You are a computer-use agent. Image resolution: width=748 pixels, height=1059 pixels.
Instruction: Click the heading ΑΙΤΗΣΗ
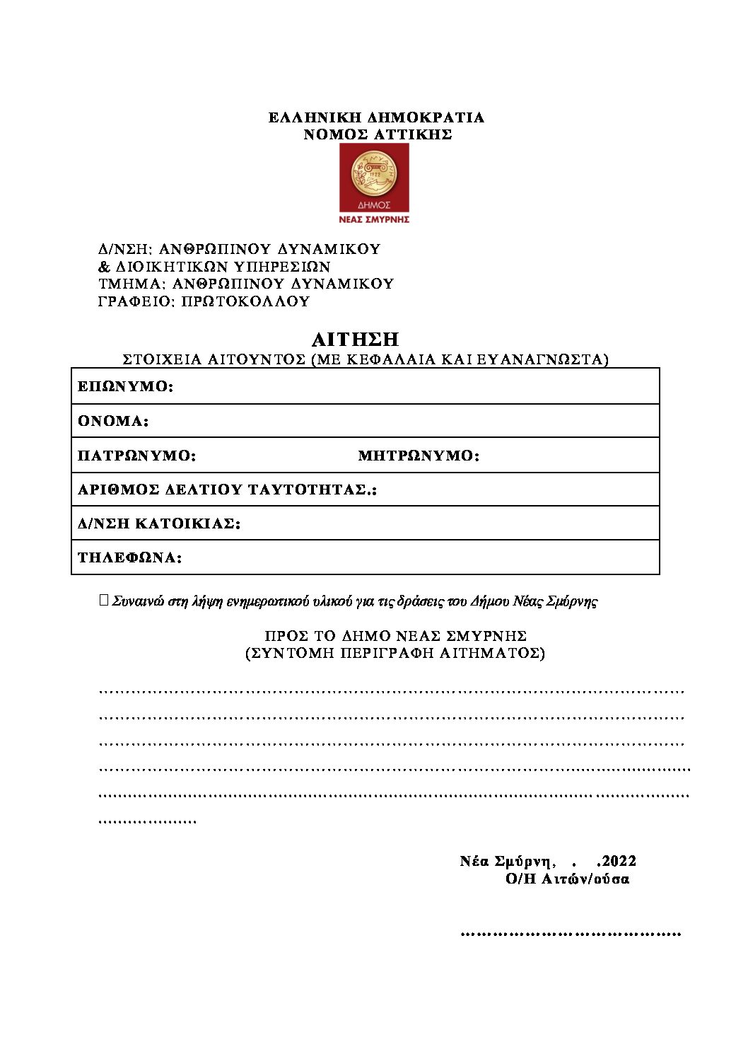[x=355, y=340]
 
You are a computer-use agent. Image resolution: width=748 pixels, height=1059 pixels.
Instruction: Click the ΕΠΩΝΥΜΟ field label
[x=125, y=387]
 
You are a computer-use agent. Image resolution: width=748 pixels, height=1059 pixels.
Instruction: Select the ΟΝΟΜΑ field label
[x=113, y=422]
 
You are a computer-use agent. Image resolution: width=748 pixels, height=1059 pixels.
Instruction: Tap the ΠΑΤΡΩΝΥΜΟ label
[x=136, y=456]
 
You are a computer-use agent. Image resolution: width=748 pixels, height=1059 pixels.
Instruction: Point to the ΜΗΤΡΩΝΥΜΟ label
[x=419, y=456]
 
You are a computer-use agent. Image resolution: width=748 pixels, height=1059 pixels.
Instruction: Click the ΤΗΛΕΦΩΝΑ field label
[x=129, y=558]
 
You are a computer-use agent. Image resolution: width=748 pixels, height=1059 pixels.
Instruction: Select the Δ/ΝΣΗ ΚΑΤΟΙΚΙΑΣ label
[x=159, y=524]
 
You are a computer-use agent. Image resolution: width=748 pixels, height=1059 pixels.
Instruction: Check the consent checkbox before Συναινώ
[x=105, y=601]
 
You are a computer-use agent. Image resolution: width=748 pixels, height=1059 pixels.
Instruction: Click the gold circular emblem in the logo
[x=374, y=174]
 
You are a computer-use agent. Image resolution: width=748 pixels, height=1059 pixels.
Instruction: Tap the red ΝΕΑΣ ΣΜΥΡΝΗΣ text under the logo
[x=375, y=219]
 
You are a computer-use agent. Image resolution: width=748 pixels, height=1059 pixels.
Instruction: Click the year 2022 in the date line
[x=619, y=861]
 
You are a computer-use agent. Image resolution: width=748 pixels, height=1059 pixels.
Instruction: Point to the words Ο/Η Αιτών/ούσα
[x=567, y=879]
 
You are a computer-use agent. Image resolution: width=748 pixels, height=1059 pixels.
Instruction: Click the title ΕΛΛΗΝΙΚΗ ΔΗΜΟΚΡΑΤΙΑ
[x=376, y=117]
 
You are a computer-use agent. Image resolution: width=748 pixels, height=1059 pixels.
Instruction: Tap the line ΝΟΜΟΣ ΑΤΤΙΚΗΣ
[x=378, y=134]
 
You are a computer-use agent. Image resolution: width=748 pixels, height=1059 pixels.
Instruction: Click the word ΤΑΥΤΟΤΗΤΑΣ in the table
[x=308, y=490]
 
